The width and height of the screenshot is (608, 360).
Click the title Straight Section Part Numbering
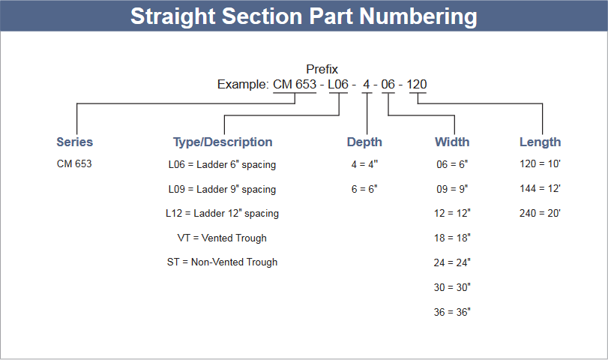coord(304,16)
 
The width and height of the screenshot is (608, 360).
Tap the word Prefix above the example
coord(322,69)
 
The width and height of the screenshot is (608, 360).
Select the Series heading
coord(75,142)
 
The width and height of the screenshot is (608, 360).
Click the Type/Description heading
coord(223,142)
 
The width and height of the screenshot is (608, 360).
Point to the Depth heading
coord(364,142)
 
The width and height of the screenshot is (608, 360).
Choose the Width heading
coord(452,142)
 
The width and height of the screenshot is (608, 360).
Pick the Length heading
coord(540,142)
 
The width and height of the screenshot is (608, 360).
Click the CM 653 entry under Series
coord(74,163)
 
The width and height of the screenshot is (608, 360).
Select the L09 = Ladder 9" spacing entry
coord(222,189)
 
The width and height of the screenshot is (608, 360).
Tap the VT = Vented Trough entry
coord(222,238)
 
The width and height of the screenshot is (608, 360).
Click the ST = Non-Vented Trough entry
coord(222,262)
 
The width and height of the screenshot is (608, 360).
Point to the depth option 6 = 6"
coord(364,189)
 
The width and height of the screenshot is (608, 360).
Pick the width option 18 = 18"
coord(452,238)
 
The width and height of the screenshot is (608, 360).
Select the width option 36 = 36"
coord(452,312)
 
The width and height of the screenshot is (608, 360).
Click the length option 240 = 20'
coord(540,213)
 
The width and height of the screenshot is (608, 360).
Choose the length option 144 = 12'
coord(540,188)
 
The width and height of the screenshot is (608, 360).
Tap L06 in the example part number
coord(338,84)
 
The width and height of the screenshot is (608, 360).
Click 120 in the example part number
coord(417,84)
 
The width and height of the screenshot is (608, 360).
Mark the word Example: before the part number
coord(243,85)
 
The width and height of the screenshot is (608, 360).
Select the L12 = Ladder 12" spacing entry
coord(222,213)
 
